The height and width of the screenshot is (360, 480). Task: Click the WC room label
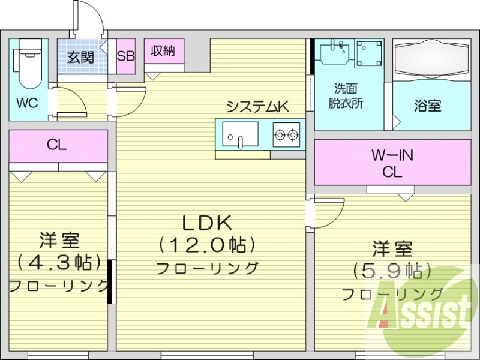pos(27,103)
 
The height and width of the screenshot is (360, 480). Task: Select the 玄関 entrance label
pos(80,58)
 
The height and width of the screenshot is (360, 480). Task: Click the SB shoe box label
pos(126,57)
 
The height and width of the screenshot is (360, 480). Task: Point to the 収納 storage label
pos(163,52)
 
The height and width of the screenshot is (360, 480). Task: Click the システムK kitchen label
pos(258,107)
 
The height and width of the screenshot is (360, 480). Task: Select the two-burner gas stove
pos(287,134)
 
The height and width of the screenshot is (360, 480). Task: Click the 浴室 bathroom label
pos(427,106)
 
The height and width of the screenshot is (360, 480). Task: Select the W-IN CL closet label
pos(392,163)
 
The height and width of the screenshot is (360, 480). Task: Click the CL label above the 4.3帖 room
pos(57,145)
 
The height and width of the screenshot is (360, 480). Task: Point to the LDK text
pos(207,223)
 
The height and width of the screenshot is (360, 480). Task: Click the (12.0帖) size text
pos(208,245)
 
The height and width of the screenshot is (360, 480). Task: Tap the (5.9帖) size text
pos(393,271)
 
